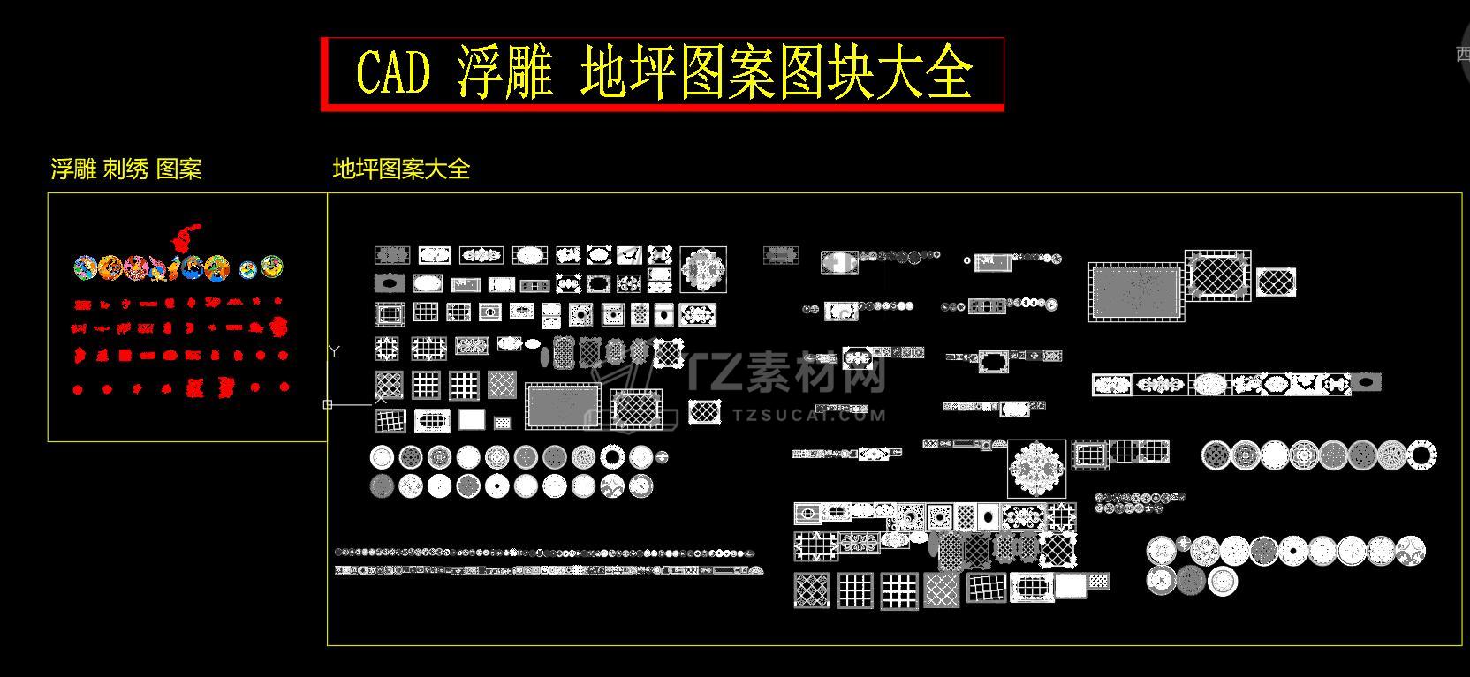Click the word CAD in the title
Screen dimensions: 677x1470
[x=392, y=72]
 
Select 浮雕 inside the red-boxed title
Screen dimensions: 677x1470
[x=504, y=72]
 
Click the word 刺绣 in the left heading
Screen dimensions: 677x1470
[x=125, y=169]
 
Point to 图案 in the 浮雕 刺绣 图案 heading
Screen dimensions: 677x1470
[x=179, y=169]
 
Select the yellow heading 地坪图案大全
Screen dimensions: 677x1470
[x=401, y=169]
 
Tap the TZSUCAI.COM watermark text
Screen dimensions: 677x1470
[x=808, y=414]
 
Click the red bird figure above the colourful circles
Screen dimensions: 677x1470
[x=185, y=236]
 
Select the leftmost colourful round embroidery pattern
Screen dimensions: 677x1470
[x=85, y=267]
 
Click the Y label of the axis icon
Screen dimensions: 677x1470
[x=334, y=351]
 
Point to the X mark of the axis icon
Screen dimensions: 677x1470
[x=381, y=399]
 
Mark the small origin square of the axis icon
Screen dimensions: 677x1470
[x=328, y=404]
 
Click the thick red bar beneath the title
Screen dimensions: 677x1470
[x=663, y=107]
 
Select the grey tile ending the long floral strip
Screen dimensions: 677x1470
[x=1366, y=383]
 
